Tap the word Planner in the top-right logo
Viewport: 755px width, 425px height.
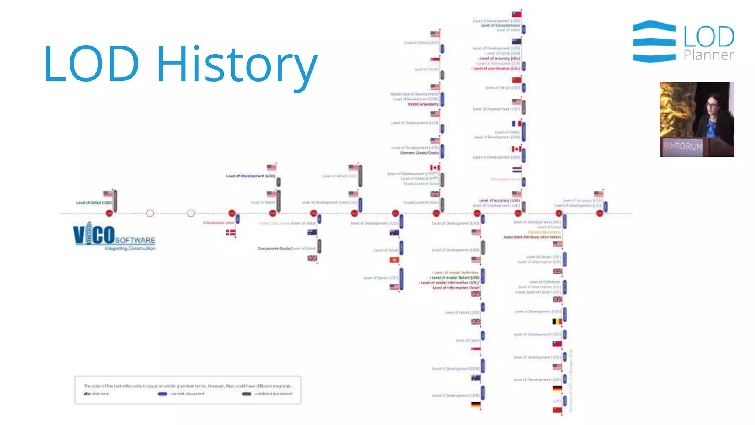pyautogui.click(x=709, y=55)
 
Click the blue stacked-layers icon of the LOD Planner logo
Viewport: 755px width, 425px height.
pyautogui.click(x=654, y=41)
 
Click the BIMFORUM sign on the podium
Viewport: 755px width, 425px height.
pyautogui.click(x=683, y=146)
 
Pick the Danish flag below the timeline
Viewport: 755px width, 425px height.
pyautogui.click(x=230, y=232)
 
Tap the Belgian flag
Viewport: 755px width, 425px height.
pyautogui.click(x=557, y=321)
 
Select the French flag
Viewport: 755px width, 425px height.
pyautogui.click(x=516, y=124)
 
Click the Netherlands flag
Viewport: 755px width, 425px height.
pyautogui.click(x=516, y=170)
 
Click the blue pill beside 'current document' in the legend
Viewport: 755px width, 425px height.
pyautogui.click(x=162, y=394)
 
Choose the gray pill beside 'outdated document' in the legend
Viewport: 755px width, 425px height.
pyautogui.click(x=247, y=394)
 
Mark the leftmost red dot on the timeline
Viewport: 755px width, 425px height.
pyautogui.click(x=109, y=213)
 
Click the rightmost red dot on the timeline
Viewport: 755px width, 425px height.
pyautogui.click(x=600, y=213)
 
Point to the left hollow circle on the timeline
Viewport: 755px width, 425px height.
pyautogui.click(x=150, y=213)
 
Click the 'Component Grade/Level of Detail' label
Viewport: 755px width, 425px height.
pyautogui.click(x=286, y=248)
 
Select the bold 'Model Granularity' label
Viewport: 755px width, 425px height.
pyautogui.click(x=423, y=104)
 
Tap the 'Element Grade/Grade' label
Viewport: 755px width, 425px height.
pyautogui.click(x=419, y=153)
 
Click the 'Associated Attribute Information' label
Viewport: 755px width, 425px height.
pyautogui.click(x=532, y=237)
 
